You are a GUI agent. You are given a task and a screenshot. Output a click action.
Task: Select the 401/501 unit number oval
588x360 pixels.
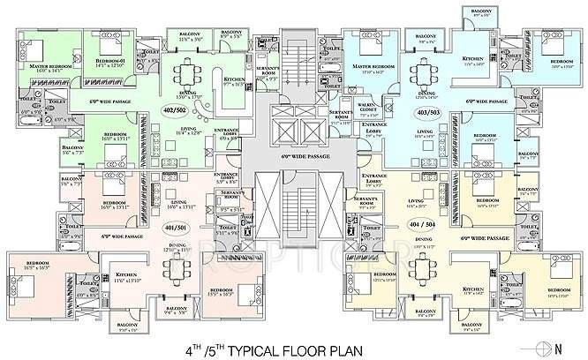[185, 227]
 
